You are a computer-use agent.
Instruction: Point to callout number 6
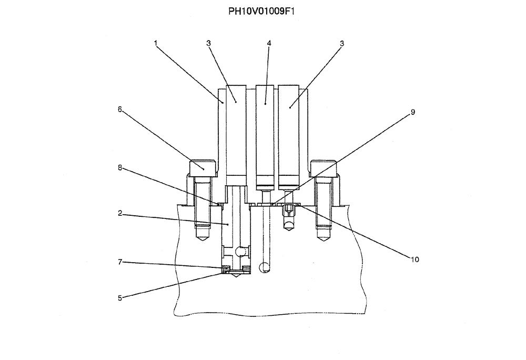[119, 109]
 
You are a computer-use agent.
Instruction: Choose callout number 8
[120, 168]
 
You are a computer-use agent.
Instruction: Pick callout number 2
[120, 213]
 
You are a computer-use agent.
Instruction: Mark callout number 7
[120, 262]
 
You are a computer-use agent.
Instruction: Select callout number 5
[120, 298]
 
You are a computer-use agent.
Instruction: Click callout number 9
[413, 112]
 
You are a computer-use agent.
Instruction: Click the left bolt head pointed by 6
[203, 168]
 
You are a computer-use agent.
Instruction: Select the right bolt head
[323, 168]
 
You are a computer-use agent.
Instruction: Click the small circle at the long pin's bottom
[266, 267]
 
